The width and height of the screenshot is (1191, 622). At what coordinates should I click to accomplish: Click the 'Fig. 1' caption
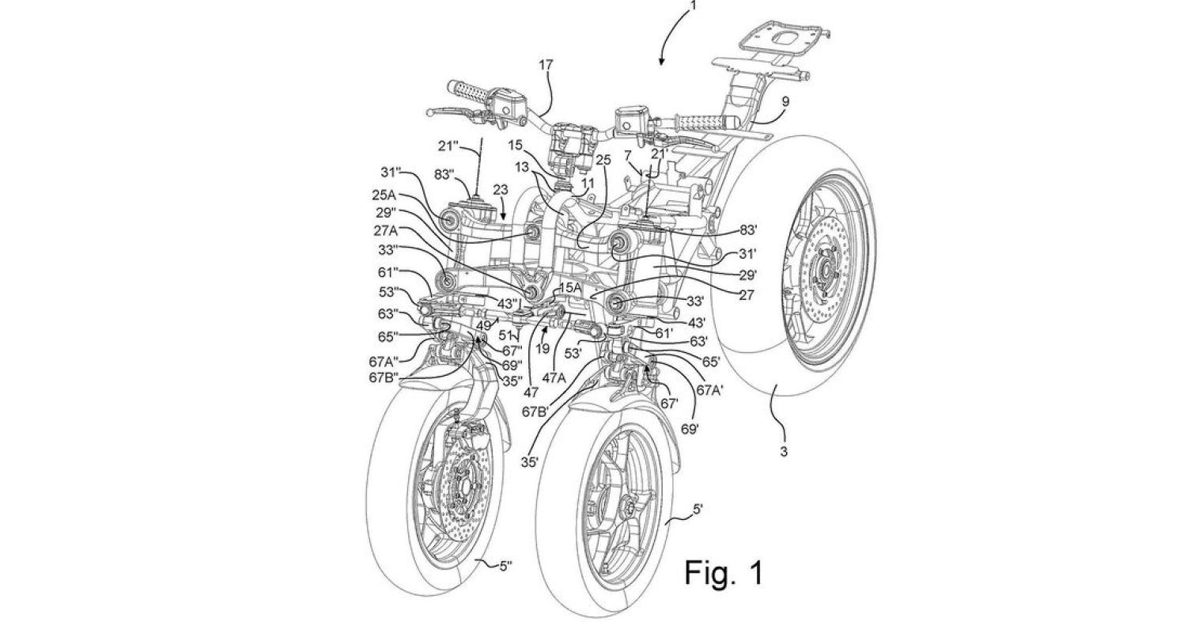click(x=724, y=571)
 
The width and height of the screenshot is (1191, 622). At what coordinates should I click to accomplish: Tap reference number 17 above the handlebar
click(x=546, y=66)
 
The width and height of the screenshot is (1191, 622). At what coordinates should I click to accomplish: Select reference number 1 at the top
click(x=694, y=6)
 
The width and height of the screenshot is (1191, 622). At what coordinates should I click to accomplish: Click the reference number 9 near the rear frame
click(x=785, y=101)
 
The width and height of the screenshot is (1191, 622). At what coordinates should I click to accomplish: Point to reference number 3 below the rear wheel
click(x=785, y=452)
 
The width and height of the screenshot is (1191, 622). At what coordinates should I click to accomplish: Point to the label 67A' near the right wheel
click(x=710, y=389)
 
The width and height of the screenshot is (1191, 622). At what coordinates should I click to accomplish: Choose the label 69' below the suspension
click(x=689, y=429)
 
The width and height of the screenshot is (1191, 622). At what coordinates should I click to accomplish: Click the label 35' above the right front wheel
click(x=530, y=460)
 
